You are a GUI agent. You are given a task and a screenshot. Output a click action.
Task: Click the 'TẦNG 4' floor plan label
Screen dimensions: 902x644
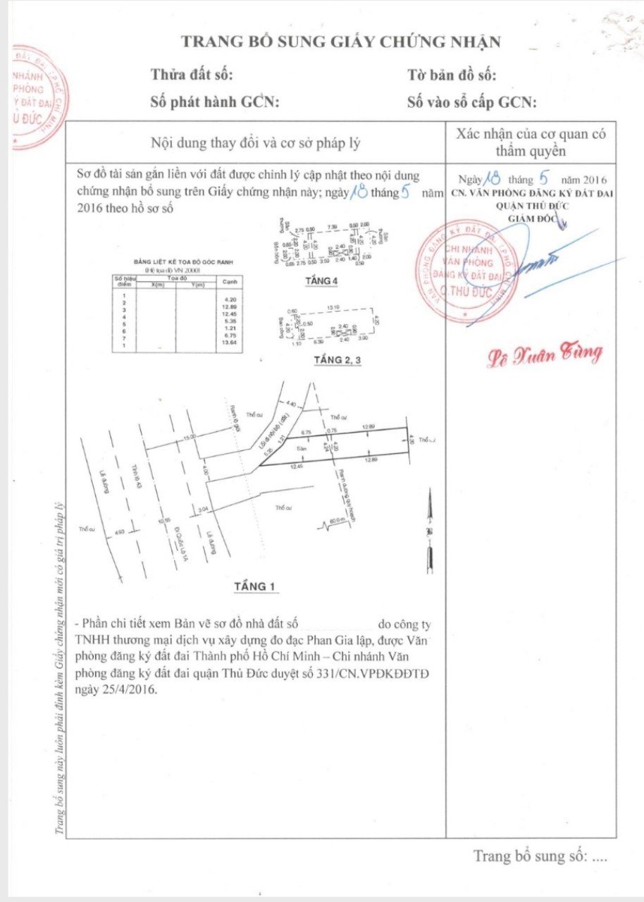[321, 281]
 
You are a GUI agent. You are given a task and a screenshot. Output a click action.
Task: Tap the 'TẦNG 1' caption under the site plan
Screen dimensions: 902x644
[256, 586]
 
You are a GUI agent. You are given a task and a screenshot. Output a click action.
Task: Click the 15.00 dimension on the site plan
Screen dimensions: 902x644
[190, 437]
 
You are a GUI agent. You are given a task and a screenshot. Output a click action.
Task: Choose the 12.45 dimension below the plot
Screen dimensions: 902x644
[295, 466]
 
